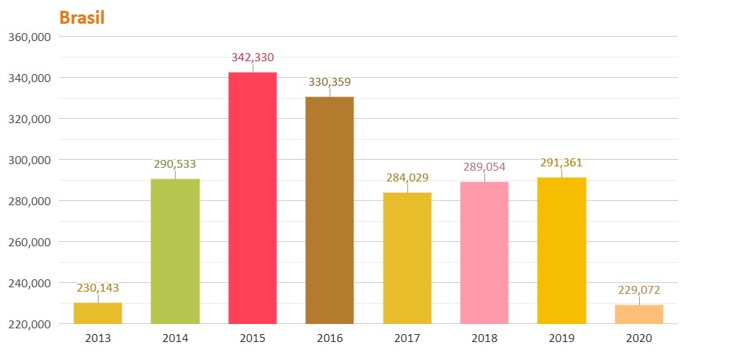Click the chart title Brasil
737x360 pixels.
82,18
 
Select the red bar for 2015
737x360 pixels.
253,198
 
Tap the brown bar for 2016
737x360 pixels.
330,210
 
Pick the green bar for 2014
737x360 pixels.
175,251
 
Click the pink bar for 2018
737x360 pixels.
484,252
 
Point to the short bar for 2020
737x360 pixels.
639,315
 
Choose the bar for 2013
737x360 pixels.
98,313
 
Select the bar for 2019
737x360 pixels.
561,250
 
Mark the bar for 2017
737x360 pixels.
407,258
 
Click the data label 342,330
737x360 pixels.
253,58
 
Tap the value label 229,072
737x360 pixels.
639,290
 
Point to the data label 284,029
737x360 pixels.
407,178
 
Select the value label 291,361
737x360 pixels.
561,163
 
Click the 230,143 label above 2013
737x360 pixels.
98,288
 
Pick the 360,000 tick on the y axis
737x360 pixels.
30,37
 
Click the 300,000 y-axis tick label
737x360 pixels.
30,160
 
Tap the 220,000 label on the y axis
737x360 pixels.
30,324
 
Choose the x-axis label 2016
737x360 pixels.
330,338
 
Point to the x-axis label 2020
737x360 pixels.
639,338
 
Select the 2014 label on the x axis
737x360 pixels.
175,338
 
